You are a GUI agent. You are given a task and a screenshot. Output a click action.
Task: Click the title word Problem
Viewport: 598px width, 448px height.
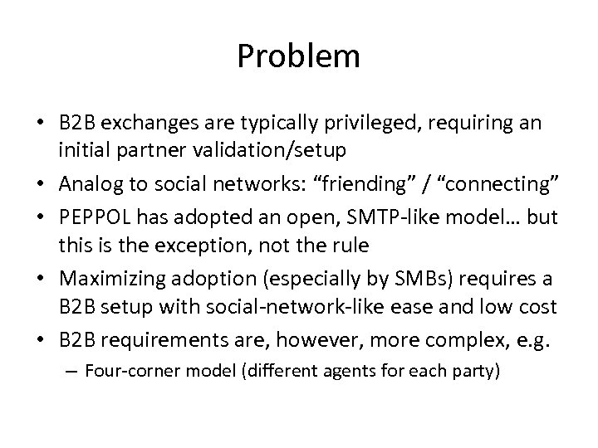298,57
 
